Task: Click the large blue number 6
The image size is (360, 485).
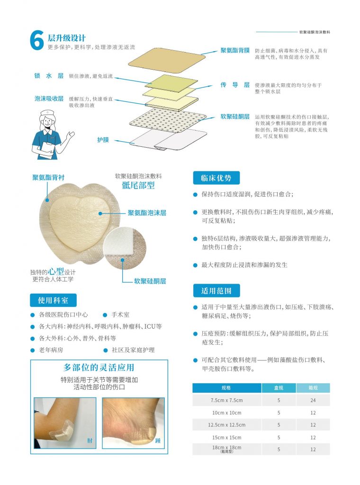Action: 37,41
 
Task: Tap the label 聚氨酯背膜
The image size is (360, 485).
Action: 235,50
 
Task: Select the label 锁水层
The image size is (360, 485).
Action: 49,76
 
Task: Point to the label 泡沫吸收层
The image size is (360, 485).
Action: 49,99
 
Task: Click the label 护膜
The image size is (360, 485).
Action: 103,140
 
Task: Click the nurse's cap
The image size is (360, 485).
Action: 48,112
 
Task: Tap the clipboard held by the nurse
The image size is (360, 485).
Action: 47,150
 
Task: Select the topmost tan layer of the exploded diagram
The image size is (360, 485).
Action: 167,60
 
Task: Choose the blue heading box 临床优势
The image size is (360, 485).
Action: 216,178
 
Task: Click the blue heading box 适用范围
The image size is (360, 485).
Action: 216,291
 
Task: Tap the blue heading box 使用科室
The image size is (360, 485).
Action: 53,300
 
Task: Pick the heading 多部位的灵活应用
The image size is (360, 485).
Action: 99,368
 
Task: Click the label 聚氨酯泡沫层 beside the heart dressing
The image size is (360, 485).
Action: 147,213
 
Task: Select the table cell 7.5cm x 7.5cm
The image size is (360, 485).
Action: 227,400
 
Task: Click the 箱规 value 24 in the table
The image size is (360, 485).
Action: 313,400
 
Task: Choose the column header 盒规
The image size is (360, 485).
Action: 279,388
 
